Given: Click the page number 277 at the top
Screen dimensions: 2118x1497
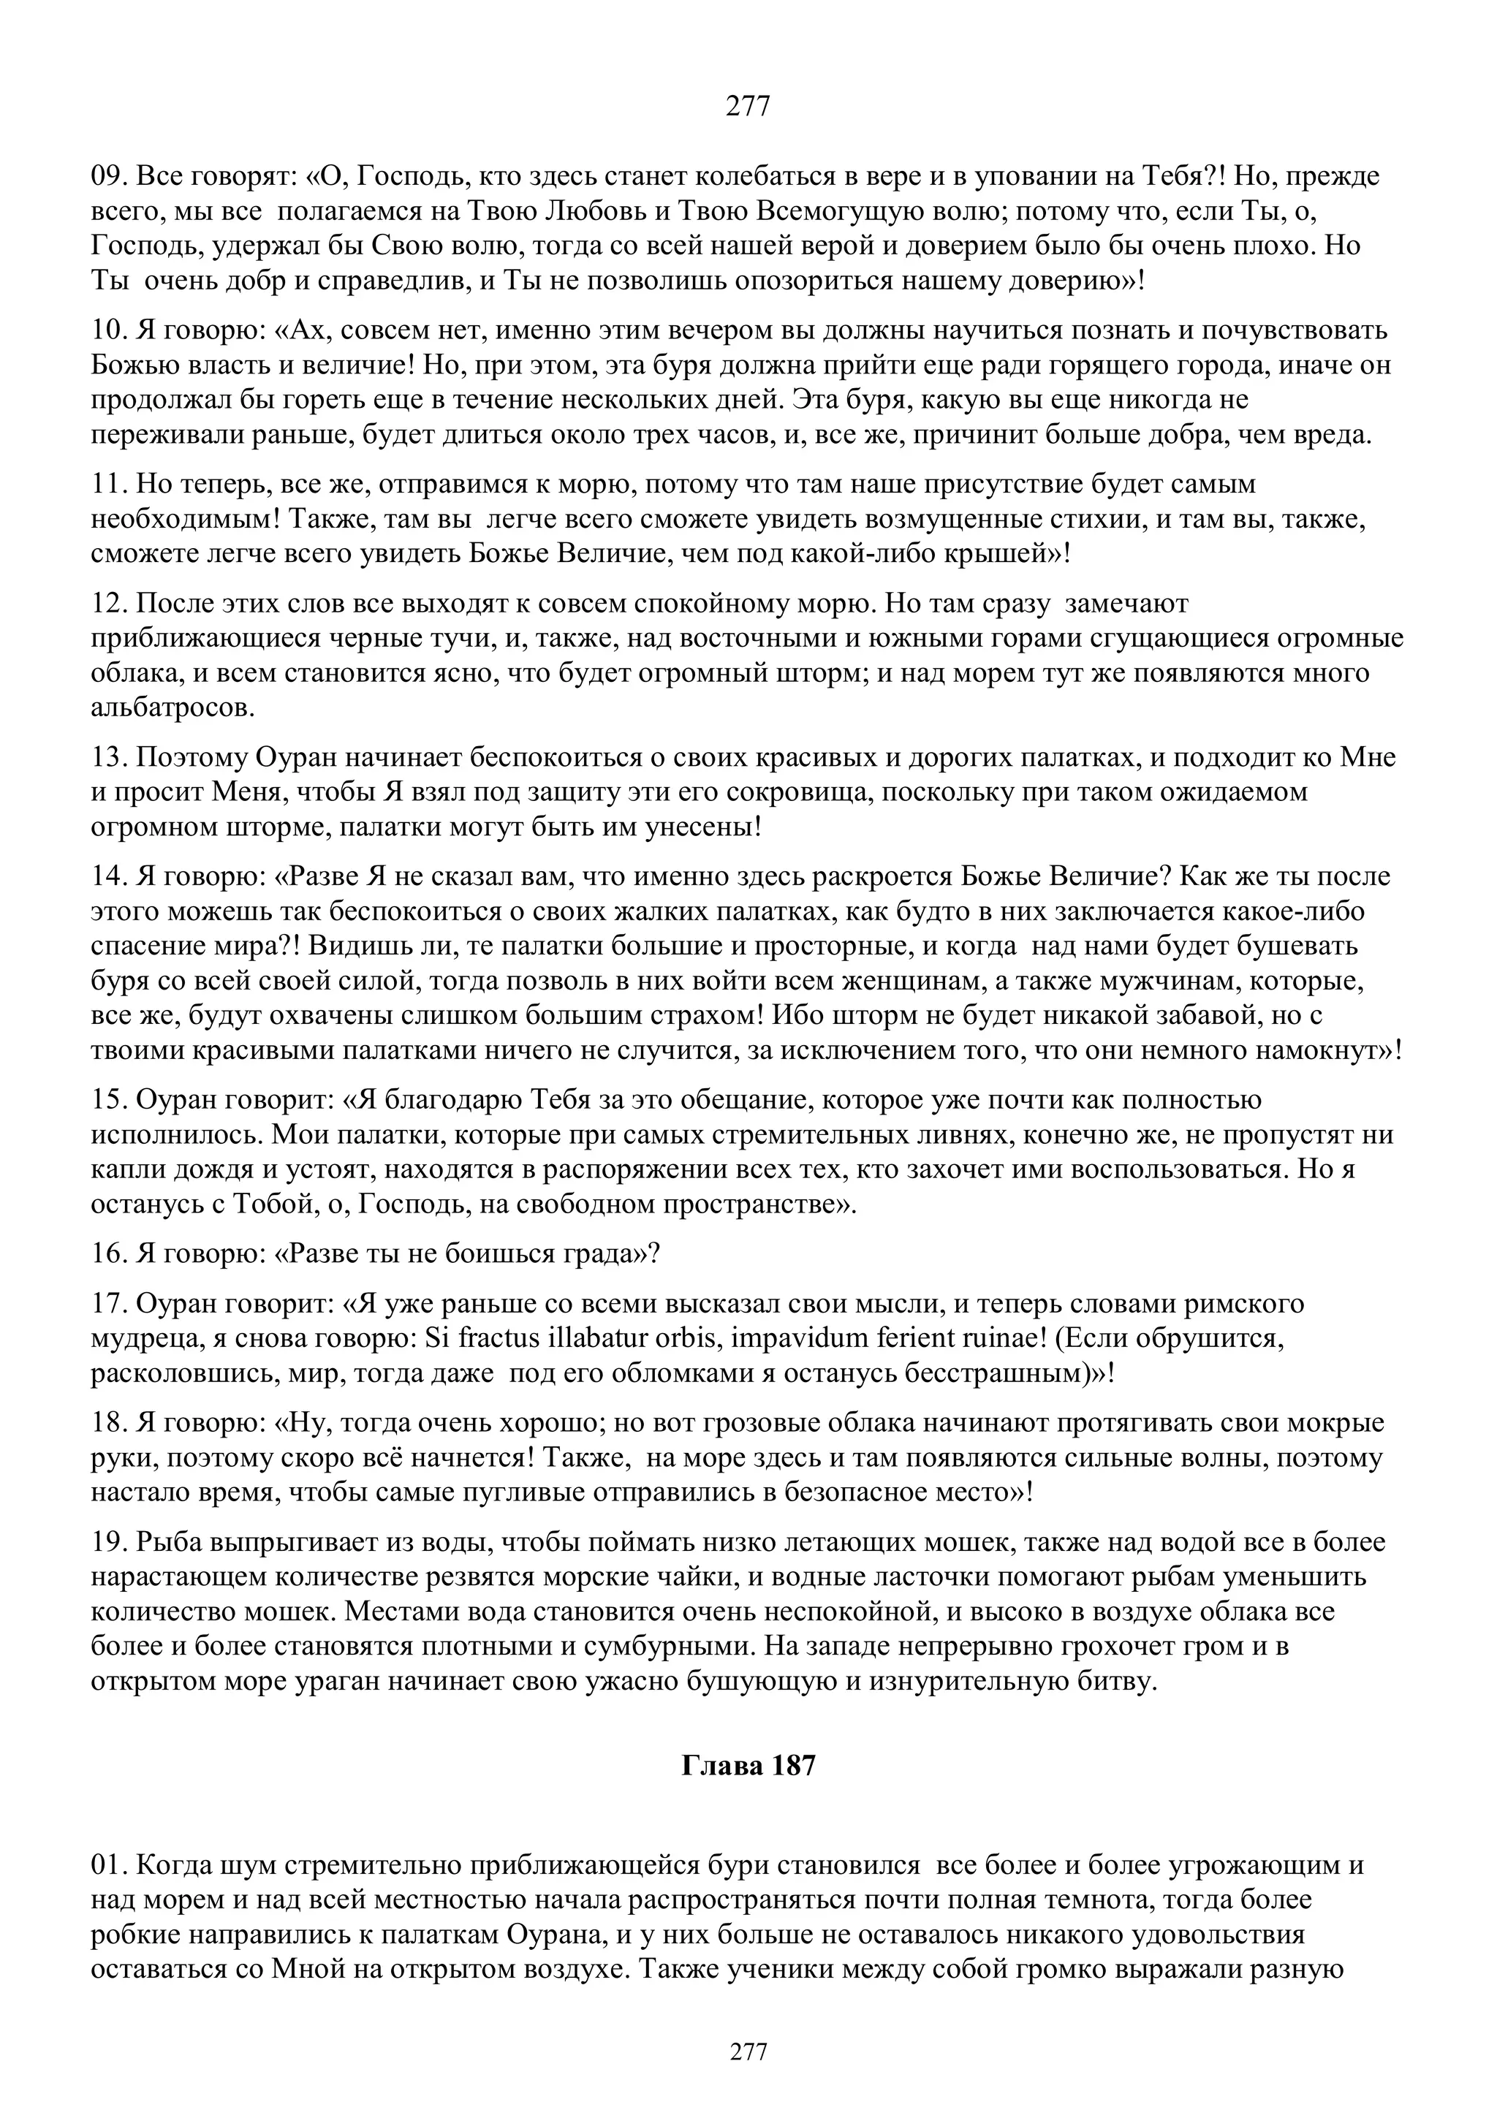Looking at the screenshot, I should point(748,107).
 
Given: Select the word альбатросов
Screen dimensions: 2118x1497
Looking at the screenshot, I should point(173,707).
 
